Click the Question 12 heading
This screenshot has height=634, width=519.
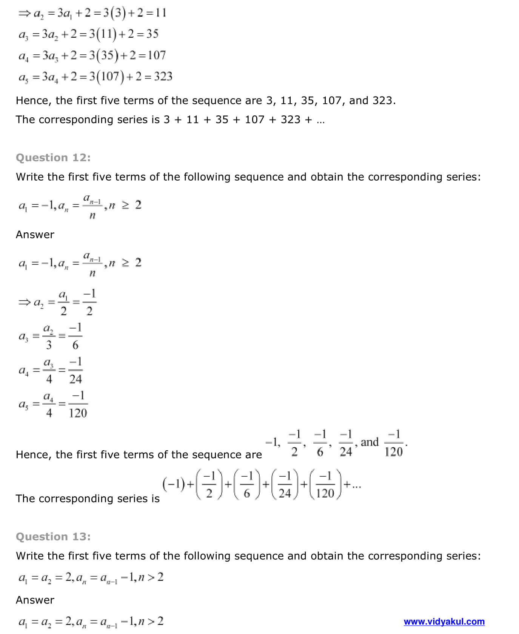pos(53,158)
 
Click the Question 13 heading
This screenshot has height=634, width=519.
pos(53,536)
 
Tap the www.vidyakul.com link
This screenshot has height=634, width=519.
pos(444,622)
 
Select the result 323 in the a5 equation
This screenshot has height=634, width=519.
pos(163,77)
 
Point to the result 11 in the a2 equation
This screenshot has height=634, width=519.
pos(161,13)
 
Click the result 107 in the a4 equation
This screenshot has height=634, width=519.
pos(157,55)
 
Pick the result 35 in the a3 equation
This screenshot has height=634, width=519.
pos(152,34)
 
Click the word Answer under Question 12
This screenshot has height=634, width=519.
pos(35,235)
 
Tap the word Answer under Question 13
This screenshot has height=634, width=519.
pos(35,600)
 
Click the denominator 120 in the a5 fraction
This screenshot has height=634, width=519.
pos(78,413)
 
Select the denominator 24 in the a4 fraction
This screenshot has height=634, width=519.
pos(75,379)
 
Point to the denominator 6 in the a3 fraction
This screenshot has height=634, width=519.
pos(75,345)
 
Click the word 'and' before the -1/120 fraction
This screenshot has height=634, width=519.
pos(370,442)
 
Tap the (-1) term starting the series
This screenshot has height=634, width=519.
pos(173,484)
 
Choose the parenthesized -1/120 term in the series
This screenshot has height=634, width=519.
pos(325,485)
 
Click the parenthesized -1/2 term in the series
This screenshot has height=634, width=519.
pos(209,485)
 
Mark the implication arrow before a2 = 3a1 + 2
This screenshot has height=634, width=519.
pos(24,14)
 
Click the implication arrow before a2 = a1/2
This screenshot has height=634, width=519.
pos(24,302)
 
